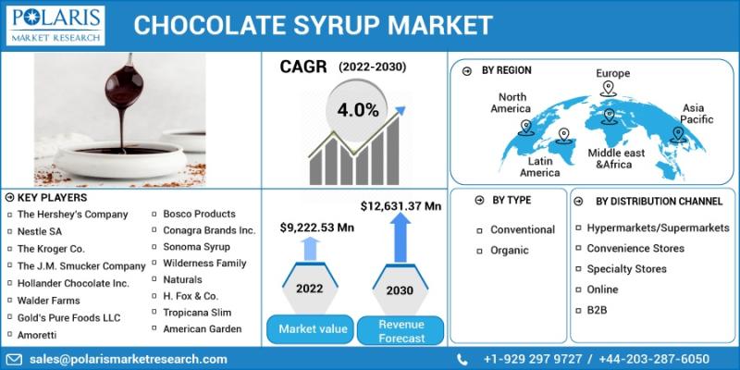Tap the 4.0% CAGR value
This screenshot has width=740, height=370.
click(x=358, y=109)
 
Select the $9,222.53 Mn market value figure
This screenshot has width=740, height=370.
click(x=317, y=227)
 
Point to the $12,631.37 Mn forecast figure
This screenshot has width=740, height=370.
click(x=401, y=204)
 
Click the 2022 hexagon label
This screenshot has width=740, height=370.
click(x=309, y=289)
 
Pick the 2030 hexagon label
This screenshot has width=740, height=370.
click(x=400, y=290)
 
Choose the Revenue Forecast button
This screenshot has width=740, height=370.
click(x=400, y=331)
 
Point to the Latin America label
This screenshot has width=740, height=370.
click(x=540, y=166)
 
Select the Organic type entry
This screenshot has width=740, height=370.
click(x=509, y=250)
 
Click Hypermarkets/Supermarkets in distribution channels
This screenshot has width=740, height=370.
click(x=658, y=228)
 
